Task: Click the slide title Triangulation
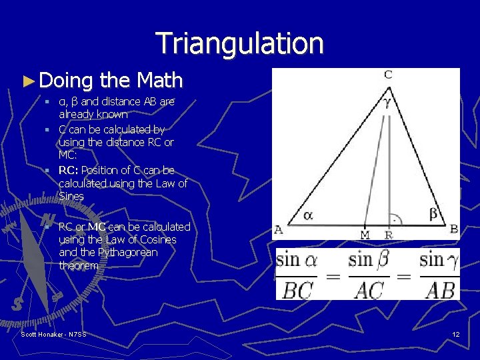coord(240,43)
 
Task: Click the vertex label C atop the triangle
coord(388,75)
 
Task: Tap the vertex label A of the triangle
coord(279,230)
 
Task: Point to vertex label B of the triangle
coord(454,229)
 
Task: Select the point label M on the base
coord(365,234)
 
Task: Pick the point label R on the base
coord(389,234)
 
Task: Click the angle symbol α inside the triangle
coord(308,215)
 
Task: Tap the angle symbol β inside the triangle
coord(433,213)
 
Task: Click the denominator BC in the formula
coord(298,290)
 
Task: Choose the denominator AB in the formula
coord(439,290)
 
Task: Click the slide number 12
coord(455,334)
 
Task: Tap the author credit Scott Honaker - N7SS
coord(53,334)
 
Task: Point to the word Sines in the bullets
coord(71,197)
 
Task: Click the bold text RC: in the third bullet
coord(69,170)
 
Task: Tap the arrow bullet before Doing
coord(27,81)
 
